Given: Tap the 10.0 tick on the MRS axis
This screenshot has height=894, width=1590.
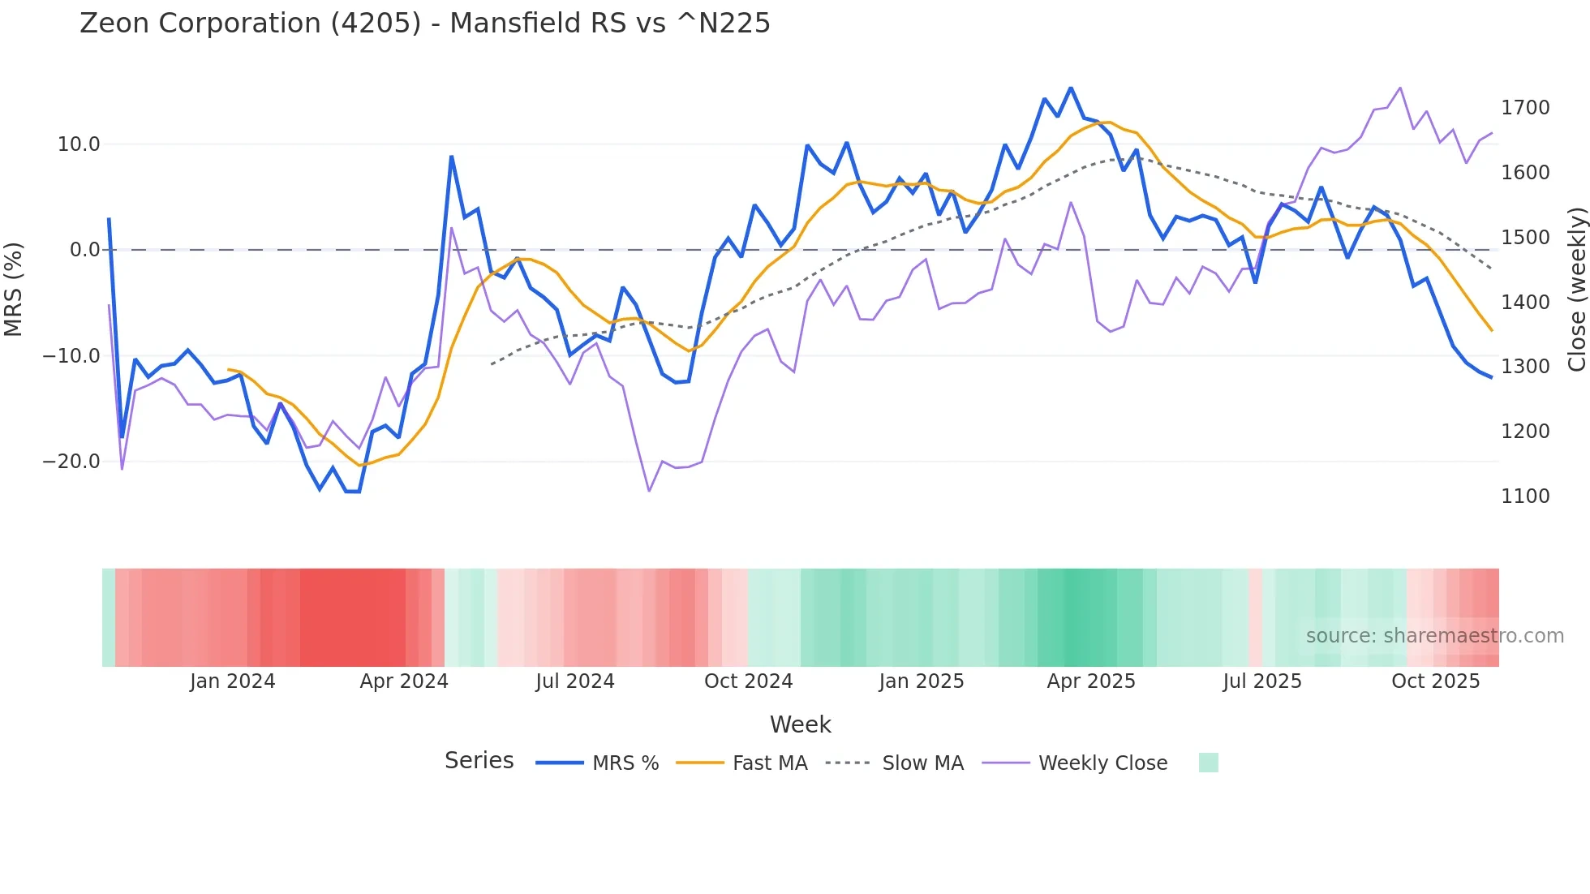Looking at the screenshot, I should (79, 144).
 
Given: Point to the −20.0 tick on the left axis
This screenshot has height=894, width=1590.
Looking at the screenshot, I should (71, 462).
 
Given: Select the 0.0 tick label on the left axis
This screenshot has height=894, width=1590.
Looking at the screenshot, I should (85, 250).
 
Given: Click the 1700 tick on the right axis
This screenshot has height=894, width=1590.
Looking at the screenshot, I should (1525, 108).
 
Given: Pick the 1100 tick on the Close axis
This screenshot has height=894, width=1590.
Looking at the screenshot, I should (1525, 496).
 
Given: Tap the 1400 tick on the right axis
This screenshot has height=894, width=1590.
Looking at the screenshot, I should (1525, 303).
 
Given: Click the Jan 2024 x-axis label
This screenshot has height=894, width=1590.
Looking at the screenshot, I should (233, 681).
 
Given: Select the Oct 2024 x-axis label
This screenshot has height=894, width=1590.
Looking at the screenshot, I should (748, 681).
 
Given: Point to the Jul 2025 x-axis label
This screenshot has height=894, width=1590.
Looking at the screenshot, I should (1262, 681).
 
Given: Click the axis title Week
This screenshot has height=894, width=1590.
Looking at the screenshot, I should (800, 724).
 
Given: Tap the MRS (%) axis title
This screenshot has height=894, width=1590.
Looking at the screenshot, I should (14, 290).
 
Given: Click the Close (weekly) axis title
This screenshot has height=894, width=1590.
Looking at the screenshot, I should (1576, 290).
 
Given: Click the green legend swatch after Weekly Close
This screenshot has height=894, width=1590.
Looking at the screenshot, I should (1208, 763).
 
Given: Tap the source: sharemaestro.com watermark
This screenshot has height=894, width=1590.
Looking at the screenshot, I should (1434, 636).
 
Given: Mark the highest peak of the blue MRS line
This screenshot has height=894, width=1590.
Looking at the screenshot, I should (1071, 88).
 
